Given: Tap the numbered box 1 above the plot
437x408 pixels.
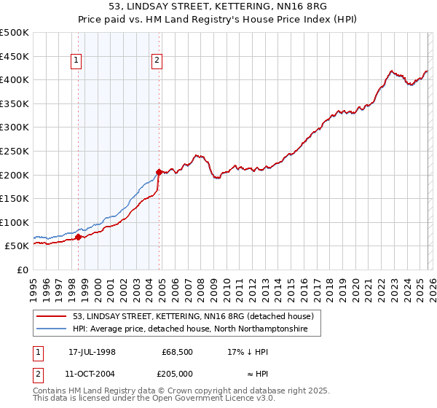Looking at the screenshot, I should click(77, 61).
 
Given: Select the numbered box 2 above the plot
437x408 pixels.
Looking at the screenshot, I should click(157, 61).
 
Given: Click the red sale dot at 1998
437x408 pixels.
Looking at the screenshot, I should click(78, 238).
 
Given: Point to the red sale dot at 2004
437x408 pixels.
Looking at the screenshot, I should click(159, 173).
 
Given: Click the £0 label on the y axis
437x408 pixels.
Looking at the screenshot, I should click(22, 270).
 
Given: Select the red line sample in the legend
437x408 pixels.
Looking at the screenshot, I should click(51, 316).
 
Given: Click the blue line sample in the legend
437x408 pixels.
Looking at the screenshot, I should click(51, 329).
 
